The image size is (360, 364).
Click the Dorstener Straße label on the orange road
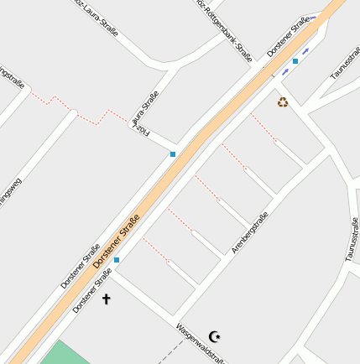117,241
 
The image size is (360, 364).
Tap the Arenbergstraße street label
249,232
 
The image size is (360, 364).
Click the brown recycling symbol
283,102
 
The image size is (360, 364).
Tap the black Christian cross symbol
106,299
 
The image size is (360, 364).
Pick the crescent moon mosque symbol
215,336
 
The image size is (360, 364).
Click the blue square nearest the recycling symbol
295,61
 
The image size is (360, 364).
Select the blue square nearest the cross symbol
116,260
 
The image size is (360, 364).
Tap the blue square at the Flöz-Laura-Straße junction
173,154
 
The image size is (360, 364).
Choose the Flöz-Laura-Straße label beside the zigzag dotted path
143,112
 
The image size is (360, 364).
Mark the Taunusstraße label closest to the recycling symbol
344,64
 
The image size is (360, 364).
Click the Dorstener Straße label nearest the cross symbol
91,290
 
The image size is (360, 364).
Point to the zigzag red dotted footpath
76,109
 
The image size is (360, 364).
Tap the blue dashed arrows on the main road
300,58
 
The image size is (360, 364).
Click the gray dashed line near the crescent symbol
171,352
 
